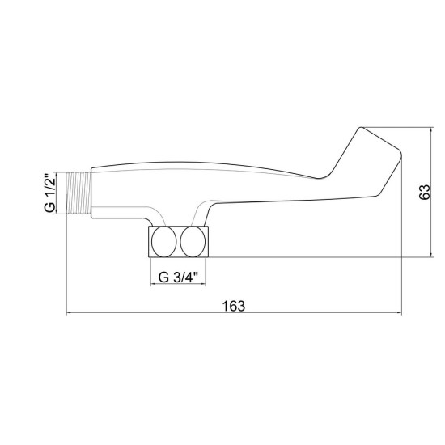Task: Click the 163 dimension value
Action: click(x=233, y=306)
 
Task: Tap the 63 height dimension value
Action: click(x=425, y=192)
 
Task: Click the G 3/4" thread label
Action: click(x=178, y=278)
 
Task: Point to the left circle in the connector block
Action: click(x=164, y=242)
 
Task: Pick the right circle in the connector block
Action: click(x=193, y=242)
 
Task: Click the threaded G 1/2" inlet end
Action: click(x=78, y=193)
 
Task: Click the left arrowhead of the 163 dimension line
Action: click(x=68, y=313)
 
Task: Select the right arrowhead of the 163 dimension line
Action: click(x=400, y=313)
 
